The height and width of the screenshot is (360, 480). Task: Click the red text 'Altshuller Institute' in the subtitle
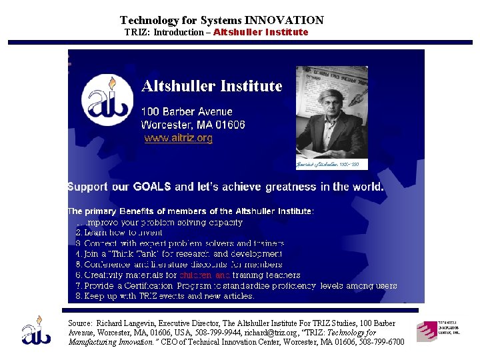[x=261, y=32]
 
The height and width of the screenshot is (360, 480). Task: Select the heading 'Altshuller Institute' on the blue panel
[x=211, y=86]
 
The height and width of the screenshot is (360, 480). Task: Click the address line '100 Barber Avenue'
[x=187, y=112]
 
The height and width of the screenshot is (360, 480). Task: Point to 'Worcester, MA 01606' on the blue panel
[x=193, y=125]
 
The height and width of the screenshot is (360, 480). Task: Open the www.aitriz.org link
[x=179, y=139]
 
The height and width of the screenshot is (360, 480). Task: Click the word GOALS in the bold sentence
[x=151, y=187]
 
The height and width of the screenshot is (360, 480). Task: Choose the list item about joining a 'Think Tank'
[x=178, y=254]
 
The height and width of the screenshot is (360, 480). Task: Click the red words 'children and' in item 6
[x=205, y=275]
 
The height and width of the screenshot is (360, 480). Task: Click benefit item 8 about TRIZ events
[x=165, y=295]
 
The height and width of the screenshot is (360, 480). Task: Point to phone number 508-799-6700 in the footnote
[x=382, y=342]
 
